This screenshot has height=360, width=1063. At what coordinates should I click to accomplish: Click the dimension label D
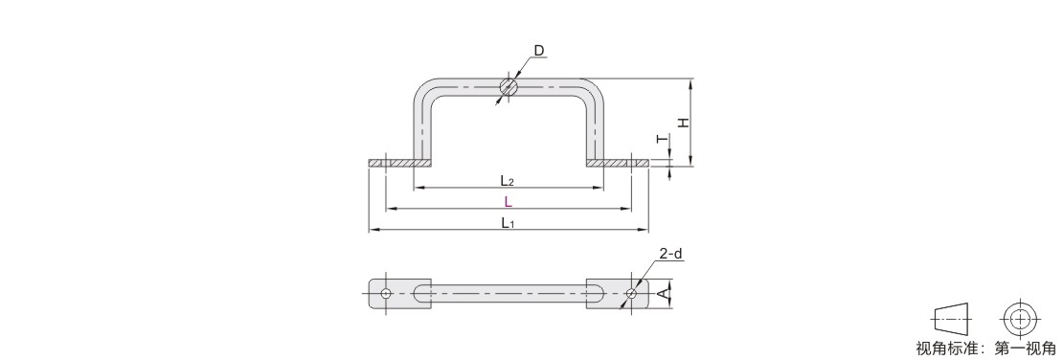point(539,50)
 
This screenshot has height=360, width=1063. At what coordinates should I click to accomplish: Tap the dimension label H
point(684,123)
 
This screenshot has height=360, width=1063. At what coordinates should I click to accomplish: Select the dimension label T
point(662,139)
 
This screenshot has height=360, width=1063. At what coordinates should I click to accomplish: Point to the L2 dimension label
point(508,180)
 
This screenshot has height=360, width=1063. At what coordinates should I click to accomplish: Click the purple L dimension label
point(508,201)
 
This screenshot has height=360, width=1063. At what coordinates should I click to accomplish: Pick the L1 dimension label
point(508,222)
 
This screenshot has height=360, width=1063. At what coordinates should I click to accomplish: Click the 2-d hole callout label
point(670,255)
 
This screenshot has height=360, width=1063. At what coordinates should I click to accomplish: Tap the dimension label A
point(663,294)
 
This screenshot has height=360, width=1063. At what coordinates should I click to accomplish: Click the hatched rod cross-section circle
point(509,87)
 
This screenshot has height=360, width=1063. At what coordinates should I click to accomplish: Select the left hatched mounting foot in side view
point(400,164)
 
